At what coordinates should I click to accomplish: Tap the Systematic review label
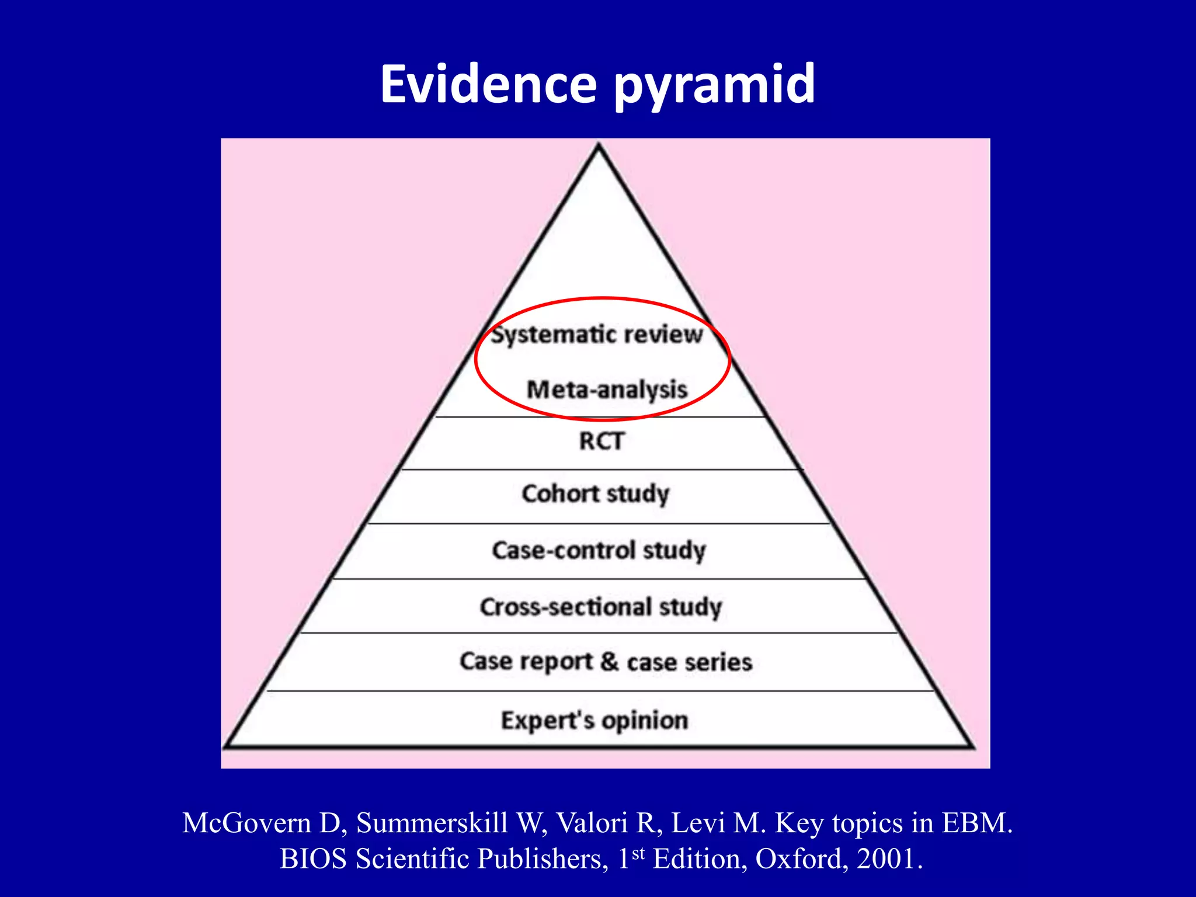click(x=597, y=335)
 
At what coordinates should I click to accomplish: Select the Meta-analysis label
click(x=607, y=390)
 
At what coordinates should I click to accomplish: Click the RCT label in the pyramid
click(x=602, y=441)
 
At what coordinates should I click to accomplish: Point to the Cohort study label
click(x=595, y=494)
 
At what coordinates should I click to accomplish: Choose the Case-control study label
click(x=599, y=550)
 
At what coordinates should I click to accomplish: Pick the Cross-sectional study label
click(x=601, y=607)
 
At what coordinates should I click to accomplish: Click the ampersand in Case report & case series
click(x=609, y=661)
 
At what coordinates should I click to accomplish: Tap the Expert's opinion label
click(x=594, y=720)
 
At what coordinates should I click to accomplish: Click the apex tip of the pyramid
click(x=599, y=146)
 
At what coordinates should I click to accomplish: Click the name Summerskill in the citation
click(x=432, y=823)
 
